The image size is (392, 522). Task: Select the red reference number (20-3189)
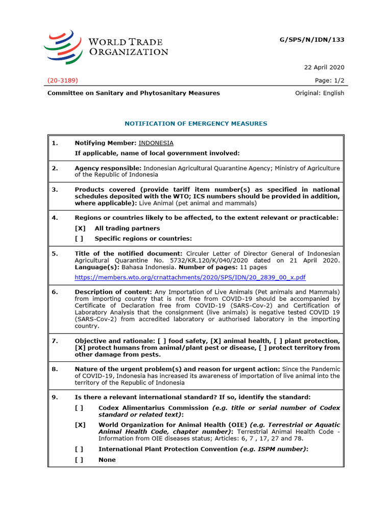(63, 81)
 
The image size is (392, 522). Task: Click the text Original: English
(320, 93)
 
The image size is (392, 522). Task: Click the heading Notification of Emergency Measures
(196, 123)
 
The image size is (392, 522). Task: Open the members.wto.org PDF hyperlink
(190, 277)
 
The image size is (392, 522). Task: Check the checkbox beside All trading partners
(80, 228)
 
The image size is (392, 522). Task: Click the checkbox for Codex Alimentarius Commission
(79, 408)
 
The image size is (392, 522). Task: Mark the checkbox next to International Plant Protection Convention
(79, 449)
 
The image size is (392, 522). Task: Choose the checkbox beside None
(79, 460)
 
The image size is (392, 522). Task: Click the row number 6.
(55, 292)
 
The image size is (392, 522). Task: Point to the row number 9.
(55, 397)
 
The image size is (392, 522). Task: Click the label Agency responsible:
(108, 168)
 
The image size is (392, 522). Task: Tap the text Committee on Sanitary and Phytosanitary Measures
(134, 93)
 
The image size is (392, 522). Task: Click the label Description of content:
(113, 292)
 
